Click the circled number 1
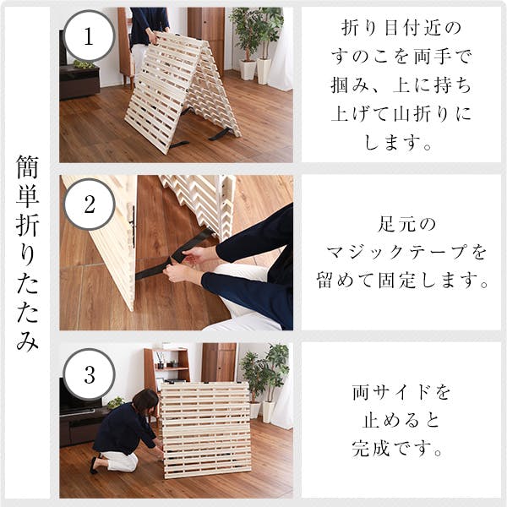89,35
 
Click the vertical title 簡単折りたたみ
27,253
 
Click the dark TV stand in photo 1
79,82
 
